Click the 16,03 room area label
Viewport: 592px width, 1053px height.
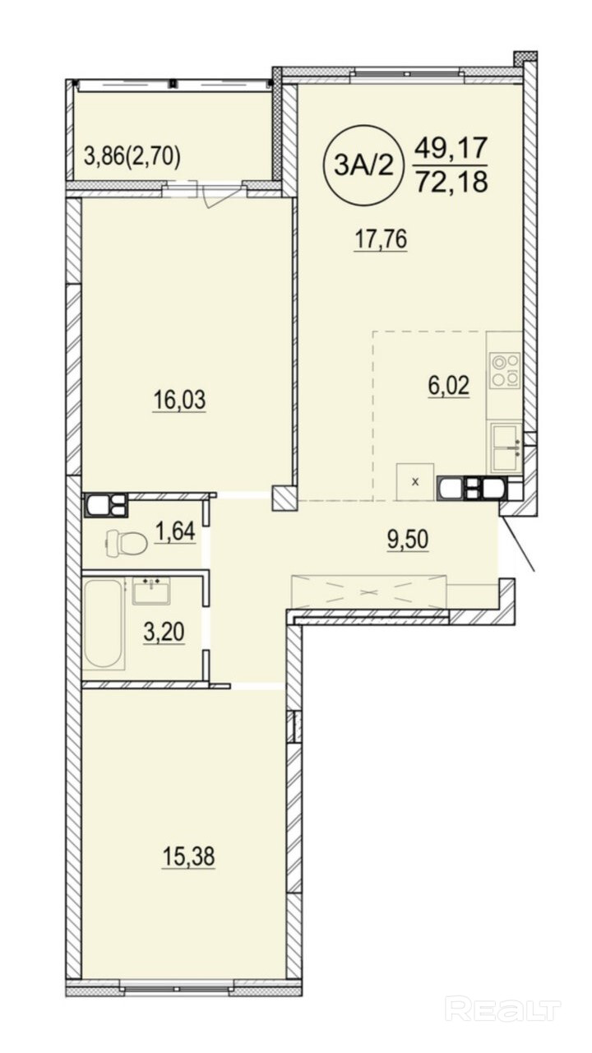tap(179, 401)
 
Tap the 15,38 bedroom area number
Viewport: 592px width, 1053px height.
tap(188, 856)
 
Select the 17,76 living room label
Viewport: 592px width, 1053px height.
tap(380, 239)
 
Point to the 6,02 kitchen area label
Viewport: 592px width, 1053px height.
tap(449, 386)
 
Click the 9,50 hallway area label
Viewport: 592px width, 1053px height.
tap(408, 540)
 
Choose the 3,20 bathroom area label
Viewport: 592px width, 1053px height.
tap(164, 633)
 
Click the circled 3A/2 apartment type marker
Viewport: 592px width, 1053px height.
tap(363, 165)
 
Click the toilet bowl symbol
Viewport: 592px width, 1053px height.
tap(124, 544)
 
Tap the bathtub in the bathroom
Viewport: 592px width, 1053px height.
tap(104, 624)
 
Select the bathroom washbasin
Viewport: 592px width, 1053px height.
tap(151, 591)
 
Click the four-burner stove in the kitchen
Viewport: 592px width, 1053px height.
tap(505, 370)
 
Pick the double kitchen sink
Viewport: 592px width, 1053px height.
tap(506, 448)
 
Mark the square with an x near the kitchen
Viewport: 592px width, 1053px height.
tap(415, 482)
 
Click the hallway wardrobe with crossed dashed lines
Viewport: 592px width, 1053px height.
tap(369, 591)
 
